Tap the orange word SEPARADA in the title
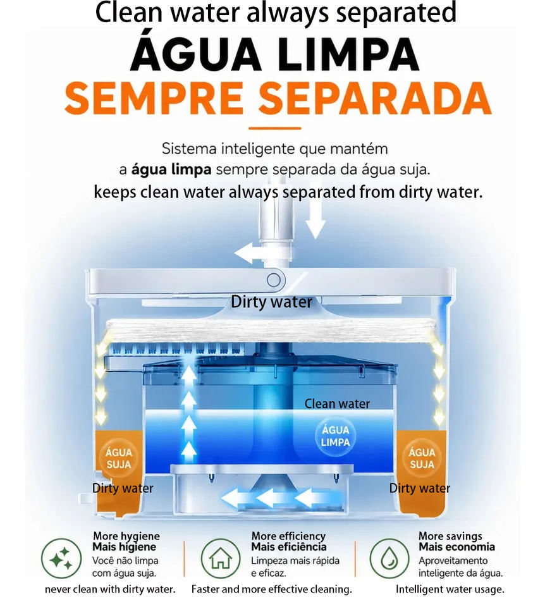tap(375, 99)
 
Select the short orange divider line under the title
tap(275, 128)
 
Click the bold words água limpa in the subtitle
tap(171, 169)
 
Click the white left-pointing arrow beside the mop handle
tap(250, 254)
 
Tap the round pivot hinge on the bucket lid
tap(274, 279)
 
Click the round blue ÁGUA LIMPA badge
tap(335, 436)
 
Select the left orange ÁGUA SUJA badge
tap(119, 458)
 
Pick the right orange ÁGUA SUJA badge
tap(422, 458)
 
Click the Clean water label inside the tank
tap(337, 404)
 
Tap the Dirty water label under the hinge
tap(271, 302)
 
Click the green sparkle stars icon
tap(61, 558)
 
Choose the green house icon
tap(221, 558)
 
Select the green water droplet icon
tap(389, 558)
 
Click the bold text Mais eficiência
tap(289, 547)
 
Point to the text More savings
tap(450, 536)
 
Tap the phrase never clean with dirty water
tap(110, 589)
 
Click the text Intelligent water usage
tap(450, 589)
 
